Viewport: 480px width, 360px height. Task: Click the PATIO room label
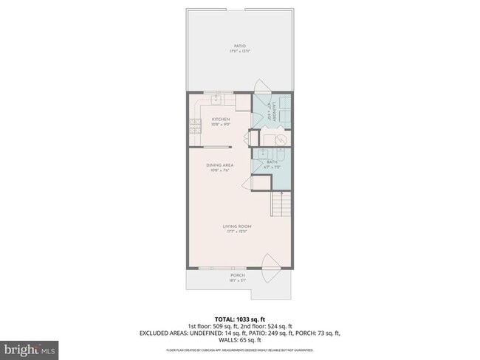tap(240, 46)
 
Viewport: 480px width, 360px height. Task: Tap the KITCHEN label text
tap(221, 120)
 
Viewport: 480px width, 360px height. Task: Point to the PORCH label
tap(238, 275)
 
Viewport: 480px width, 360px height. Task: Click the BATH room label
tap(272, 162)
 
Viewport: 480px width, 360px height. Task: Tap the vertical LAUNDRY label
tap(274, 109)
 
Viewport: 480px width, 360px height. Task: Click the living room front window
tap(219, 269)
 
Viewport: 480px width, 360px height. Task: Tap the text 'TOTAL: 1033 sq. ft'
tap(239, 319)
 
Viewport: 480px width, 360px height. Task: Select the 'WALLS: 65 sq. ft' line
tap(239, 340)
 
